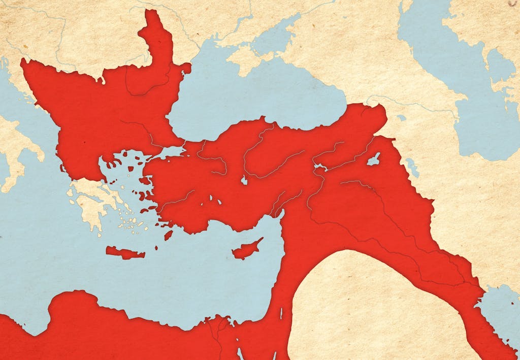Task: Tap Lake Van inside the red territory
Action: pyautogui.click(x=374, y=159)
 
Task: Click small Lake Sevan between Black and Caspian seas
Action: pyautogui.click(x=401, y=118)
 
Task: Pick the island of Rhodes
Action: pyautogui.click(x=168, y=235)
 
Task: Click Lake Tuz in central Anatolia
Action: pyautogui.click(x=244, y=180)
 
